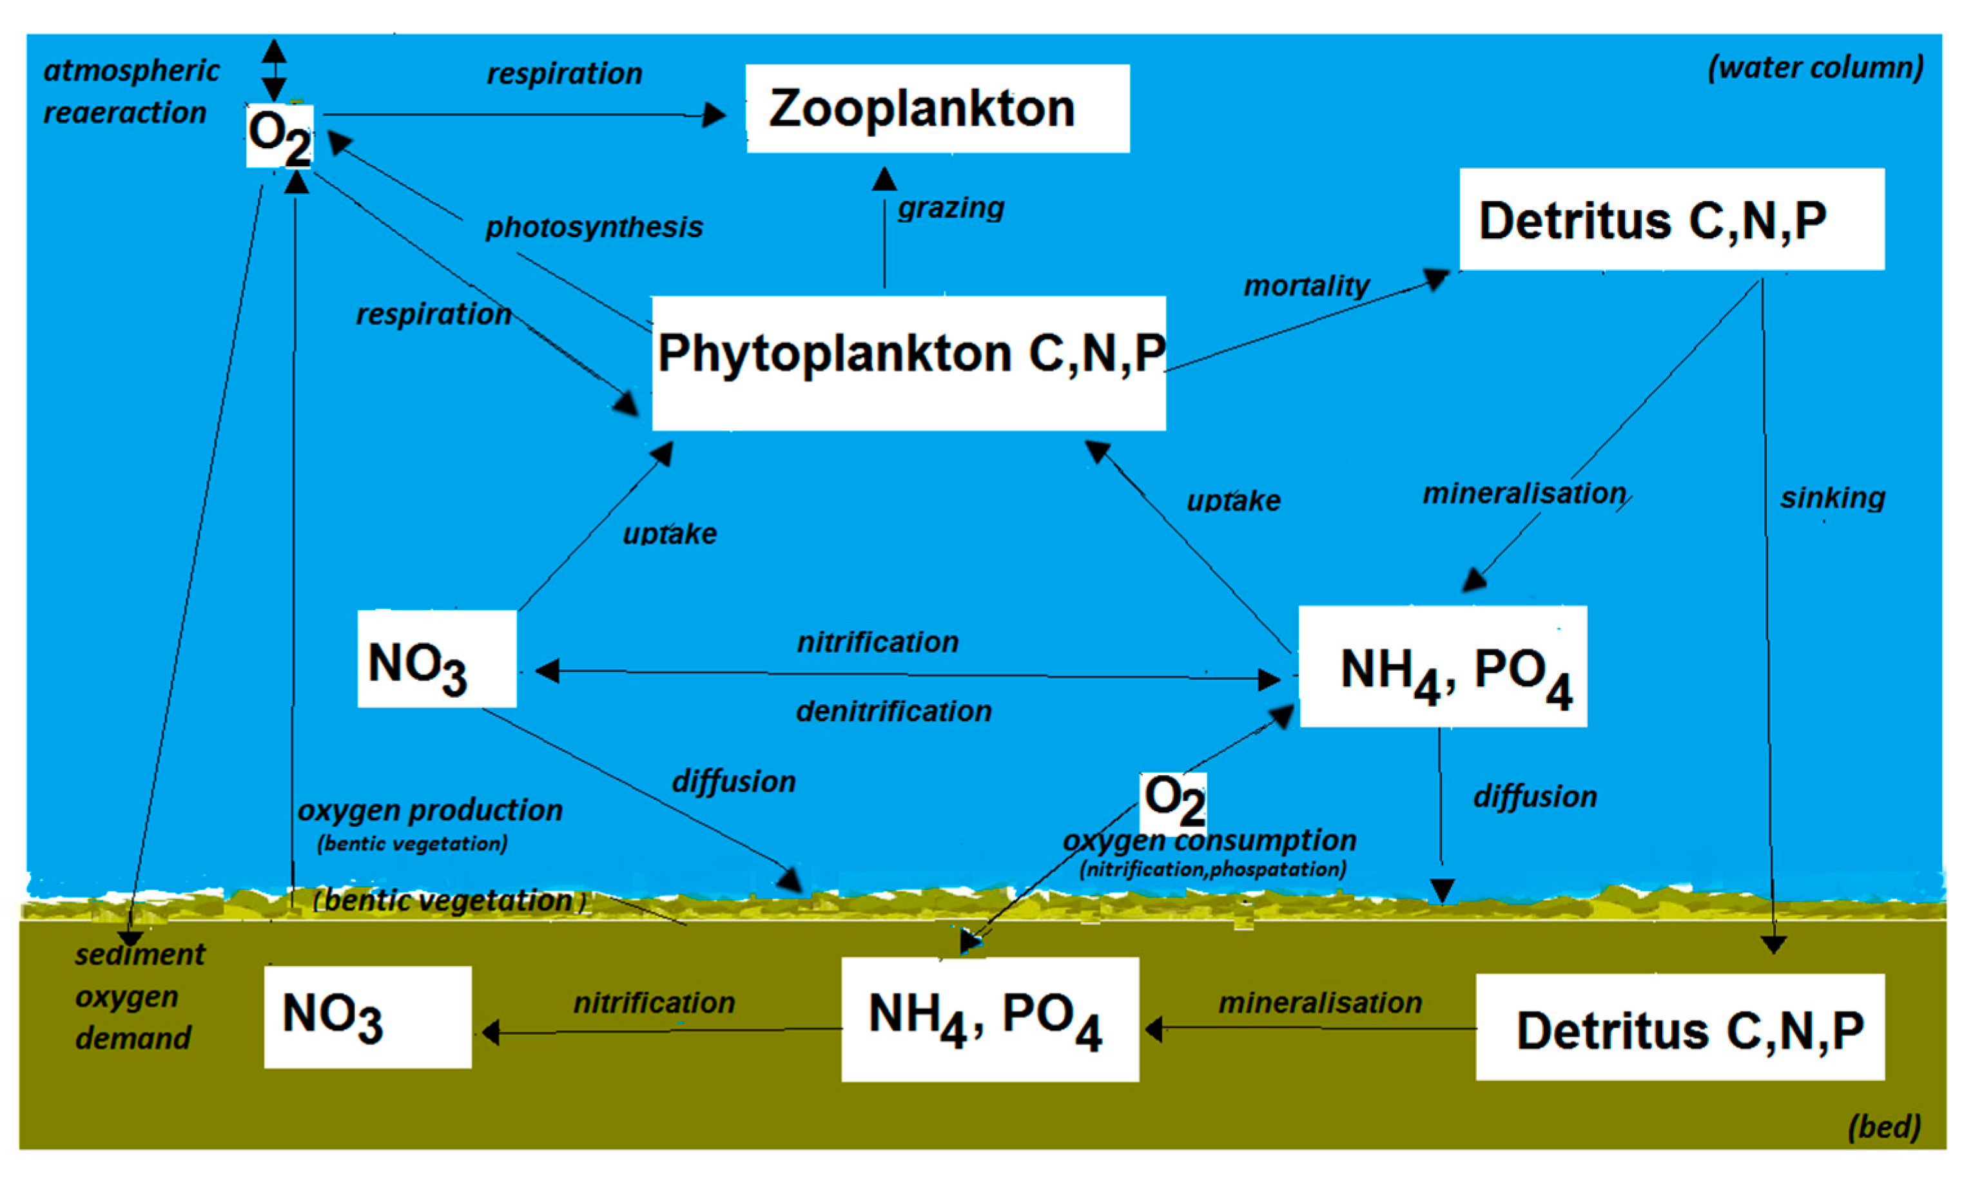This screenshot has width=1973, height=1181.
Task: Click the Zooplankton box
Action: click(937, 108)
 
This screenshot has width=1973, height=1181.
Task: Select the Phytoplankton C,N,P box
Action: click(909, 363)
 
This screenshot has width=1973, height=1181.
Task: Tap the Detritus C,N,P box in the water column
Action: click(1671, 219)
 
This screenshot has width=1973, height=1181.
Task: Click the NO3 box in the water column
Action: click(436, 659)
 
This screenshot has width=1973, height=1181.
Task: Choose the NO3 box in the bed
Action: click(367, 1017)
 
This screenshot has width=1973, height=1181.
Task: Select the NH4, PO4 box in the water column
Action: click(1442, 667)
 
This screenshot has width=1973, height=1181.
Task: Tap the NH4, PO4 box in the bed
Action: click(989, 1019)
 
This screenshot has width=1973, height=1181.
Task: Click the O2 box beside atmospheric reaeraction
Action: click(278, 137)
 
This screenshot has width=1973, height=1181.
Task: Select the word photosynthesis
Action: click(594, 227)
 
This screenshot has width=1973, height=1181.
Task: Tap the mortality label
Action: click(1306, 285)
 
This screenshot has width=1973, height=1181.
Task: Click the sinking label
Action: click(1832, 498)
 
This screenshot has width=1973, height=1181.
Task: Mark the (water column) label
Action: click(1816, 68)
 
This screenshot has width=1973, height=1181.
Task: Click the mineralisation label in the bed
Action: click(1319, 1003)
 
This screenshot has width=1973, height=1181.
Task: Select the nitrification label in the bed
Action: click(654, 1003)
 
